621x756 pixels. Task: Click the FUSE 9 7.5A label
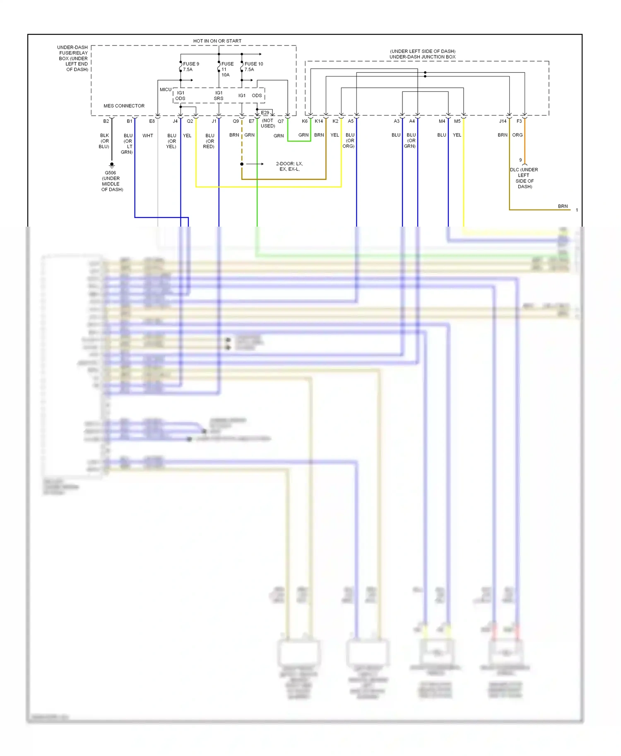pyautogui.click(x=191, y=67)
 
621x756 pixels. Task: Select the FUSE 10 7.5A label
pyautogui.click(x=253, y=67)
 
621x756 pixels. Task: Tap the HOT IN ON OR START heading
pyautogui.click(x=217, y=41)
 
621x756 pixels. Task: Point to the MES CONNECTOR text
pyautogui.click(x=124, y=106)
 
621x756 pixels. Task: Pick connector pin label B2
pyautogui.click(x=106, y=121)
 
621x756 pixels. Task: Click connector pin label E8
pyautogui.click(x=152, y=121)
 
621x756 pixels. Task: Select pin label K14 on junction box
pyautogui.click(x=319, y=121)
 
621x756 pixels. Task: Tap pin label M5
pyautogui.click(x=457, y=121)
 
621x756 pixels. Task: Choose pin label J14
pyautogui.click(x=503, y=121)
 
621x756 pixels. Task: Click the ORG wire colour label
pyautogui.click(x=517, y=135)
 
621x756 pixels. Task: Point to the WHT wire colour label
pyautogui.click(x=148, y=136)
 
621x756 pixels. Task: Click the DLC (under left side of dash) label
pyautogui.click(x=524, y=178)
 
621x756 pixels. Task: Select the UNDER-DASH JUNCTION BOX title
pyautogui.click(x=422, y=57)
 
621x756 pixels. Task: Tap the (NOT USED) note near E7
pyautogui.click(x=267, y=123)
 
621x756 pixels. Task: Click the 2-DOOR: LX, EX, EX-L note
pyautogui.click(x=289, y=166)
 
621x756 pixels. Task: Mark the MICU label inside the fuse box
pyautogui.click(x=165, y=89)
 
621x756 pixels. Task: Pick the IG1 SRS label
pyautogui.click(x=219, y=96)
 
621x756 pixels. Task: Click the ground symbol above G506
pyautogui.click(x=111, y=165)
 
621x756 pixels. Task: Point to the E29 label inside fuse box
pyautogui.click(x=265, y=112)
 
